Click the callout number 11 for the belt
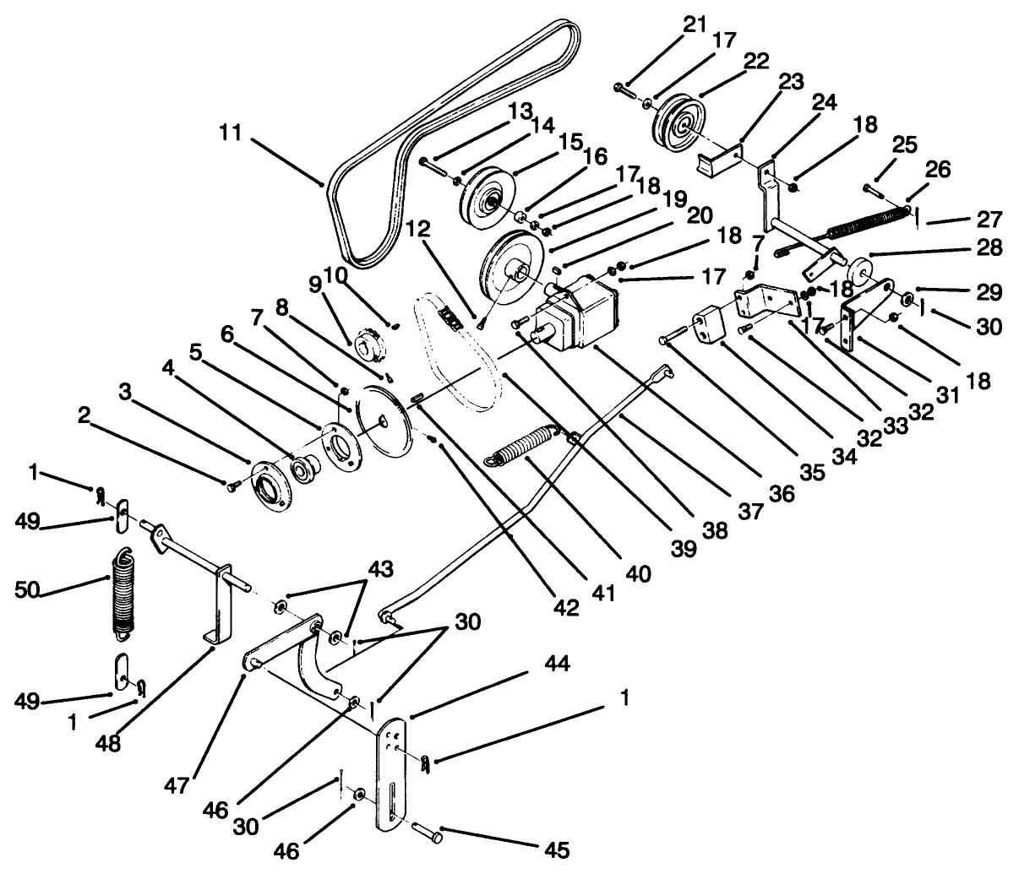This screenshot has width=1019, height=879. tap(229, 133)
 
